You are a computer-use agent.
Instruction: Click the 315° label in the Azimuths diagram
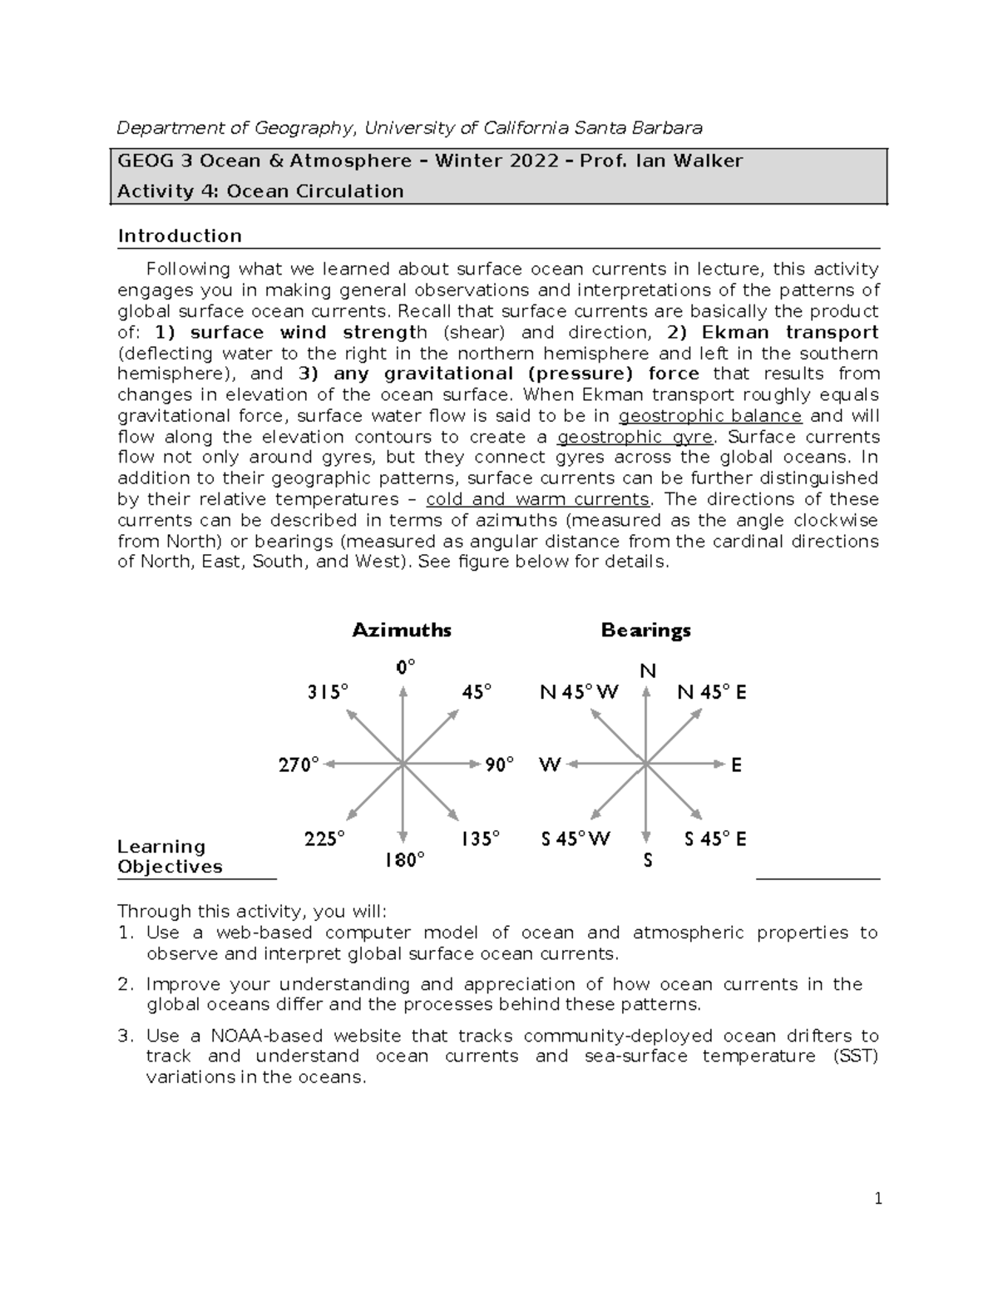click(x=328, y=691)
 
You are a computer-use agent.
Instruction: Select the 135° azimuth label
click(x=480, y=839)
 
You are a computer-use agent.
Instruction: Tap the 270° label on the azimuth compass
click(x=299, y=765)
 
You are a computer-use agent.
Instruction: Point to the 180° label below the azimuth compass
click(x=404, y=860)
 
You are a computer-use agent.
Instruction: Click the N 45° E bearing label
click(x=712, y=692)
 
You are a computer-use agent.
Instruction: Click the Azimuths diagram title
click(x=402, y=630)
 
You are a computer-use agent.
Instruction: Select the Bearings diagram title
click(x=646, y=630)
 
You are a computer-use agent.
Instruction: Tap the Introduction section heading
click(x=180, y=235)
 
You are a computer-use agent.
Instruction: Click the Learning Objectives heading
click(x=170, y=856)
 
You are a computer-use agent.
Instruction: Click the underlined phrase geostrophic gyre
click(x=635, y=437)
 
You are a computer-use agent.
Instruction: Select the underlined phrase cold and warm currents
click(x=537, y=499)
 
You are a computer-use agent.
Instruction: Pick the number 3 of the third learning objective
click(x=125, y=1036)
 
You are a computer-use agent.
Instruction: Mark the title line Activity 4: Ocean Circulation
click(x=260, y=191)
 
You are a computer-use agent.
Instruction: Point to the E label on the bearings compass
click(x=736, y=765)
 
